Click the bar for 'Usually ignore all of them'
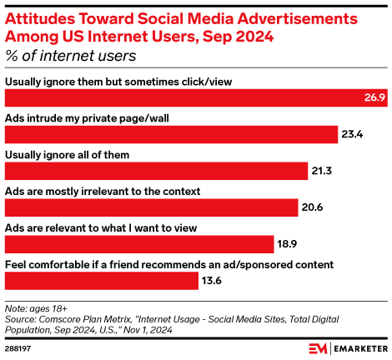pos(157,171)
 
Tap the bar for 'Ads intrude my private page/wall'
pos(170,134)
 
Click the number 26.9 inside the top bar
pos(371,97)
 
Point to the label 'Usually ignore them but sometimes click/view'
pos(118,81)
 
